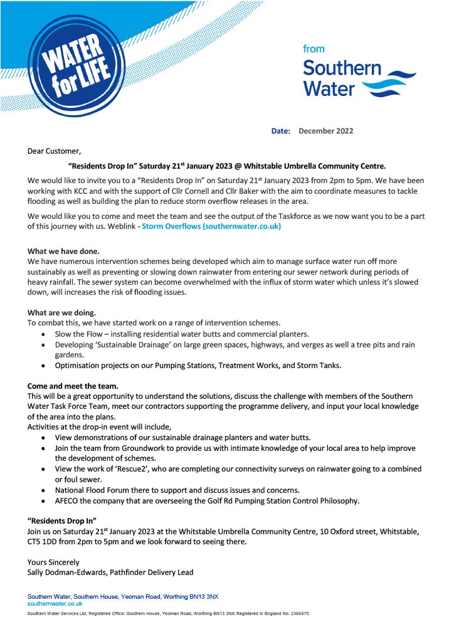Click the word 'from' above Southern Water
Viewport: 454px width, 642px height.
click(x=314, y=49)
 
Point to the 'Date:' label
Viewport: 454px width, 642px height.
click(x=280, y=131)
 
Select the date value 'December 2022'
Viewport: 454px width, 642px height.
click(x=325, y=131)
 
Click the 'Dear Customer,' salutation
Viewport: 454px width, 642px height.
click(x=54, y=151)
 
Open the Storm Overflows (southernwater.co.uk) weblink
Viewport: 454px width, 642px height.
click(x=211, y=226)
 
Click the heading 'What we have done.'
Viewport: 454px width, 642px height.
click(x=63, y=251)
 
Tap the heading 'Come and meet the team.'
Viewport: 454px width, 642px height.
click(x=73, y=386)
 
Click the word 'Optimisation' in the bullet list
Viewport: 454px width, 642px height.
click(x=78, y=365)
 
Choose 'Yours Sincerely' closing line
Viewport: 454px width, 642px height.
click(x=53, y=562)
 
